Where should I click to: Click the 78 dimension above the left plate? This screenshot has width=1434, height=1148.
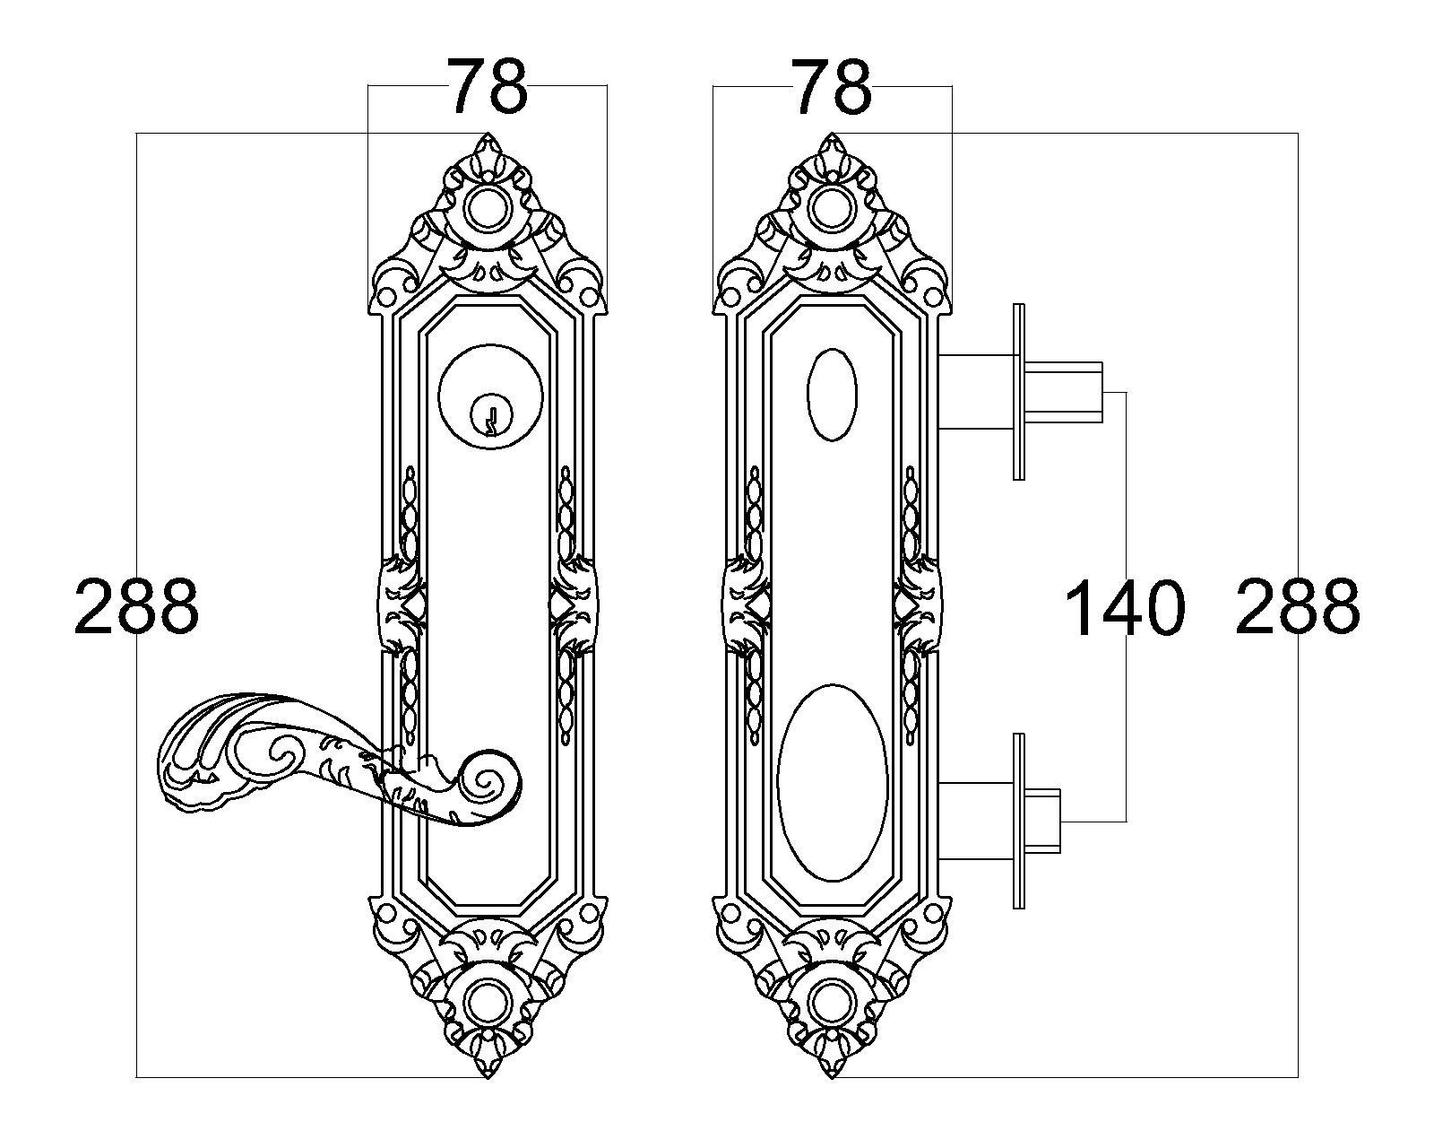[x=487, y=86]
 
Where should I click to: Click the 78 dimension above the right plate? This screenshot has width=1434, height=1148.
[x=831, y=86]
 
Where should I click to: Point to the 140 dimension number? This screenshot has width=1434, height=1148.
[x=1125, y=608]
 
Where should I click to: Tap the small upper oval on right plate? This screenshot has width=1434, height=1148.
[x=832, y=395]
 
